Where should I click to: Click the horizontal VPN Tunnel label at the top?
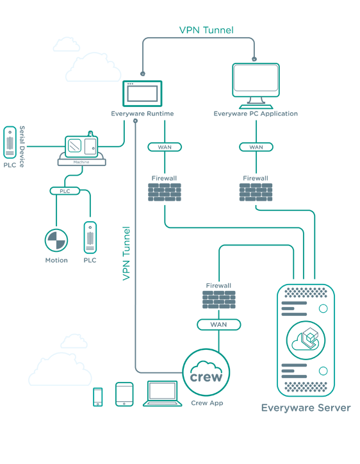click(x=206, y=30)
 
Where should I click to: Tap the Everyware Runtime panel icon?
click(x=142, y=94)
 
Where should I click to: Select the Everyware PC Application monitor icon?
click(x=256, y=86)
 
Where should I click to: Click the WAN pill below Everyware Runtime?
click(x=165, y=147)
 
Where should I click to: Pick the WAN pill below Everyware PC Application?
click(x=256, y=147)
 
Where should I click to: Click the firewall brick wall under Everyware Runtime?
click(x=165, y=192)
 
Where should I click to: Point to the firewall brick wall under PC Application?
click(x=256, y=192)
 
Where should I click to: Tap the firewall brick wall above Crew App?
click(x=219, y=299)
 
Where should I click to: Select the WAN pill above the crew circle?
click(x=219, y=325)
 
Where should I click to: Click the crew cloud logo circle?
click(x=206, y=372)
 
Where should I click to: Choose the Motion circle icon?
click(x=56, y=240)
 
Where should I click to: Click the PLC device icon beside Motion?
click(x=90, y=238)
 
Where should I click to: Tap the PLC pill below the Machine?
click(x=65, y=191)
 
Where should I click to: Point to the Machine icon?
click(x=81, y=149)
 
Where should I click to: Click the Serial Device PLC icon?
click(x=10, y=143)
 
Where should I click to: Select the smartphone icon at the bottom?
click(x=98, y=397)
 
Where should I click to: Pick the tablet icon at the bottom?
click(x=124, y=394)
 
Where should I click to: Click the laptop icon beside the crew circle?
click(x=163, y=394)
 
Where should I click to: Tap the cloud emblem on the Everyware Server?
click(x=306, y=340)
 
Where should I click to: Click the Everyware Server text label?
click(x=306, y=408)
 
